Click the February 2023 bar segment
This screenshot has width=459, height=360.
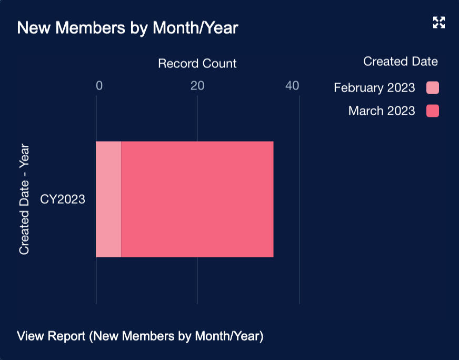108,199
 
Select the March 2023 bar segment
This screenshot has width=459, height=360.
197,199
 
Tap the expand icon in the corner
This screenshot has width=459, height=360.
439,22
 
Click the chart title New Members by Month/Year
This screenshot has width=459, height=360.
127,28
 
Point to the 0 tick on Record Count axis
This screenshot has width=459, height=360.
99,86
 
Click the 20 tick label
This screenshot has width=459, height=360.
197,86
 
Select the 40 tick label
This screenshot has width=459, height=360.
293,86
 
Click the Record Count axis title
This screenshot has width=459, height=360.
197,64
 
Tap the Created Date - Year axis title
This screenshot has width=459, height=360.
24,199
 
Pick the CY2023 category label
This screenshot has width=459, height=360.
63,199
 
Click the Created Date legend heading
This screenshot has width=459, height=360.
400,62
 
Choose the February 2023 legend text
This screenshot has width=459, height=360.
374,88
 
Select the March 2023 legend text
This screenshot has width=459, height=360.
382,111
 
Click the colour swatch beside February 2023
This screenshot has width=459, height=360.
433,88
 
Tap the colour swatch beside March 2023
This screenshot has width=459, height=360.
433,111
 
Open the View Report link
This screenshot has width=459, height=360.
140,336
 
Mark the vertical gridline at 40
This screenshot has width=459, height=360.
300,284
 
